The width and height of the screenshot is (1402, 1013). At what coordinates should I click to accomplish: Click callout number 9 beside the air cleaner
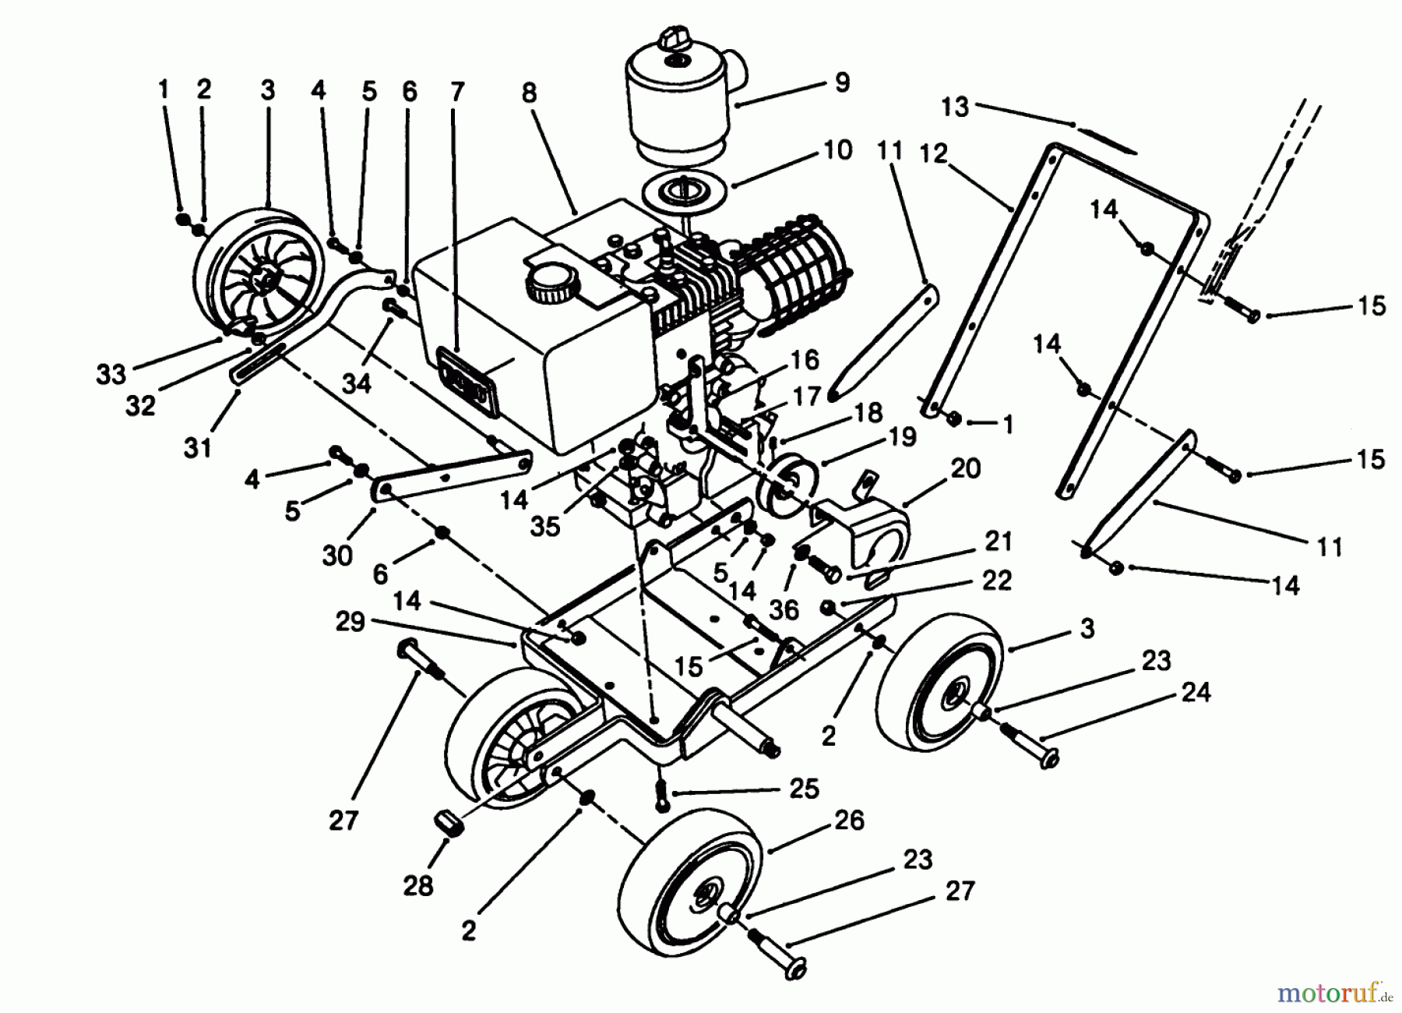click(841, 83)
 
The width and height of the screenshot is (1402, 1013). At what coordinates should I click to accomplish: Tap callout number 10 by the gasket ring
click(837, 150)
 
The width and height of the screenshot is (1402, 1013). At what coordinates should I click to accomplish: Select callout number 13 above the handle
click(955, 106)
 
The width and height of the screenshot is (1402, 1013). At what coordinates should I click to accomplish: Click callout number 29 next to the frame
click(350, 622)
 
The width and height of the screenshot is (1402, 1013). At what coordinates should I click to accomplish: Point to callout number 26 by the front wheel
click(848, 820)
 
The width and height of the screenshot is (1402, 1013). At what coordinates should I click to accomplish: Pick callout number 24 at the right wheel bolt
click(1196, 691)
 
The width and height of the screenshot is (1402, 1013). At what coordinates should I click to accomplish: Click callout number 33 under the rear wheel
click(111, 374)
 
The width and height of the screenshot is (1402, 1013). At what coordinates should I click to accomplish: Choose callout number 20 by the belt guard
click(965, 468)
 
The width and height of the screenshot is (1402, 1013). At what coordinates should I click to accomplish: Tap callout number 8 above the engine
click(529, 94)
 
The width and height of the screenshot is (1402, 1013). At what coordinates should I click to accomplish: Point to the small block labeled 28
click(446, 823)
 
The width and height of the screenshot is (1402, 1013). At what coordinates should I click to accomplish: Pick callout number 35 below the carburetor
click(544, 527)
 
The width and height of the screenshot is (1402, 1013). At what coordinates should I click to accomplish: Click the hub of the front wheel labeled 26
click(706, 898)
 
